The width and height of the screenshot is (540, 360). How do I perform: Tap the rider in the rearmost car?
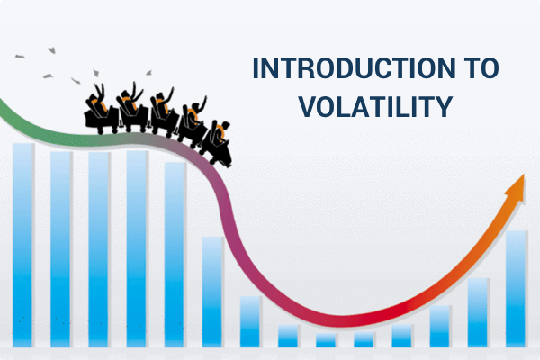[x=96, y=97]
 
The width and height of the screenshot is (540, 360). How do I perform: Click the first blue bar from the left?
[x=22, y=243]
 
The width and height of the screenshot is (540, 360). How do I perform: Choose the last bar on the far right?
[x=517, y=288]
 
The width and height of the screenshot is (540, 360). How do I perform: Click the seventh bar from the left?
[x=250, y=320]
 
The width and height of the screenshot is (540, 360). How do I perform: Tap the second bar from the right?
[x=478, y=311]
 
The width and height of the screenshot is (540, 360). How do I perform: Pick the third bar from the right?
[x=440, y=325]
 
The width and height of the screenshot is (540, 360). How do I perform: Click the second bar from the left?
[x=61, y=247]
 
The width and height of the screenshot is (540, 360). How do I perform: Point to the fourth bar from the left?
[x=137, y=247]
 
